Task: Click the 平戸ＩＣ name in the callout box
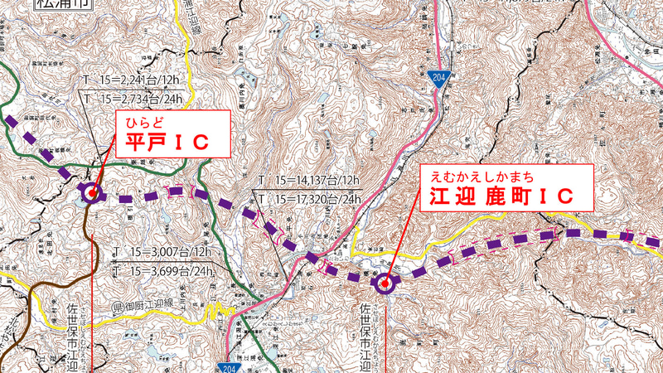coord(166,143)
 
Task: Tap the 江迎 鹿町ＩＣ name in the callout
coord(501,198)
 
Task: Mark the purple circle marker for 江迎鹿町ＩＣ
coord(385,285)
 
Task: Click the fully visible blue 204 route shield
coord(438,78)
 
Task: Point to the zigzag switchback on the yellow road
coord(217,310)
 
